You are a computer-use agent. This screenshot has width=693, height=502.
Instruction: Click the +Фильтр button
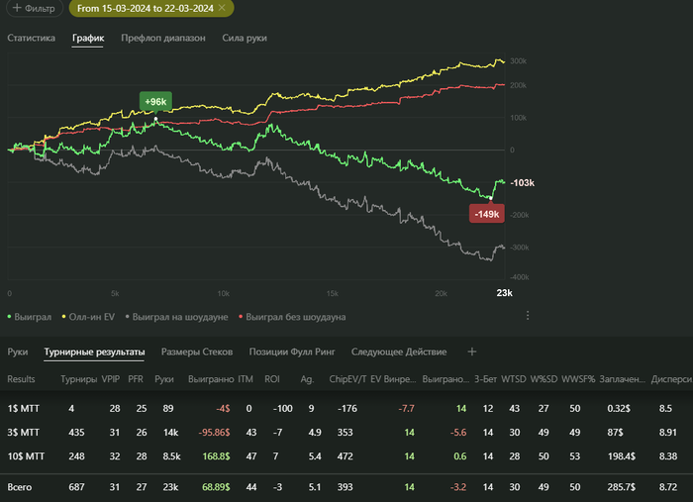pos(33,8)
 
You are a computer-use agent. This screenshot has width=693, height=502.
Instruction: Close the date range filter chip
pos(223,8)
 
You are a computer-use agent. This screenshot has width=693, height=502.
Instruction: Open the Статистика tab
pos(32,39)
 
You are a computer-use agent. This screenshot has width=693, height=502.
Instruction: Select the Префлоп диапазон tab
pos(163,39)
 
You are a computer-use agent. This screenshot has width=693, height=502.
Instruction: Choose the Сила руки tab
pos(245,39)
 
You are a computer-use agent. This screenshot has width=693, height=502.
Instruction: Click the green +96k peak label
pos(155,101)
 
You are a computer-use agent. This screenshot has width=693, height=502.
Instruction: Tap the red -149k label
pos(486,214)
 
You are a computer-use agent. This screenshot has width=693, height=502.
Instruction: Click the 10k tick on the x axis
pos(224,293)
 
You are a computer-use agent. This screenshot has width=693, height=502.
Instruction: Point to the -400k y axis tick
pos(518,278)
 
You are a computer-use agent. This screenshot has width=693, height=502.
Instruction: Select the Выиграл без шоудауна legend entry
pos(295,317)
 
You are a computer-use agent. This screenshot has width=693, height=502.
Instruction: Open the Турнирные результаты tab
pos(94,351)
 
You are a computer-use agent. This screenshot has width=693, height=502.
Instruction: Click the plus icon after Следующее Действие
pos(472,351)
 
